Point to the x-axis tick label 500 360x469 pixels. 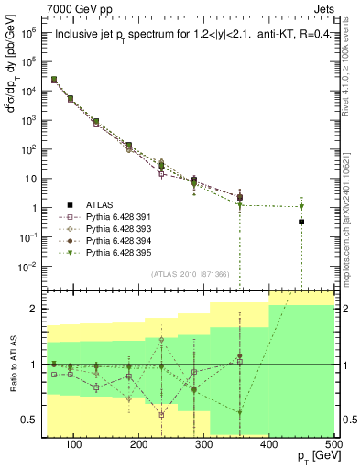click(331, 443)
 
